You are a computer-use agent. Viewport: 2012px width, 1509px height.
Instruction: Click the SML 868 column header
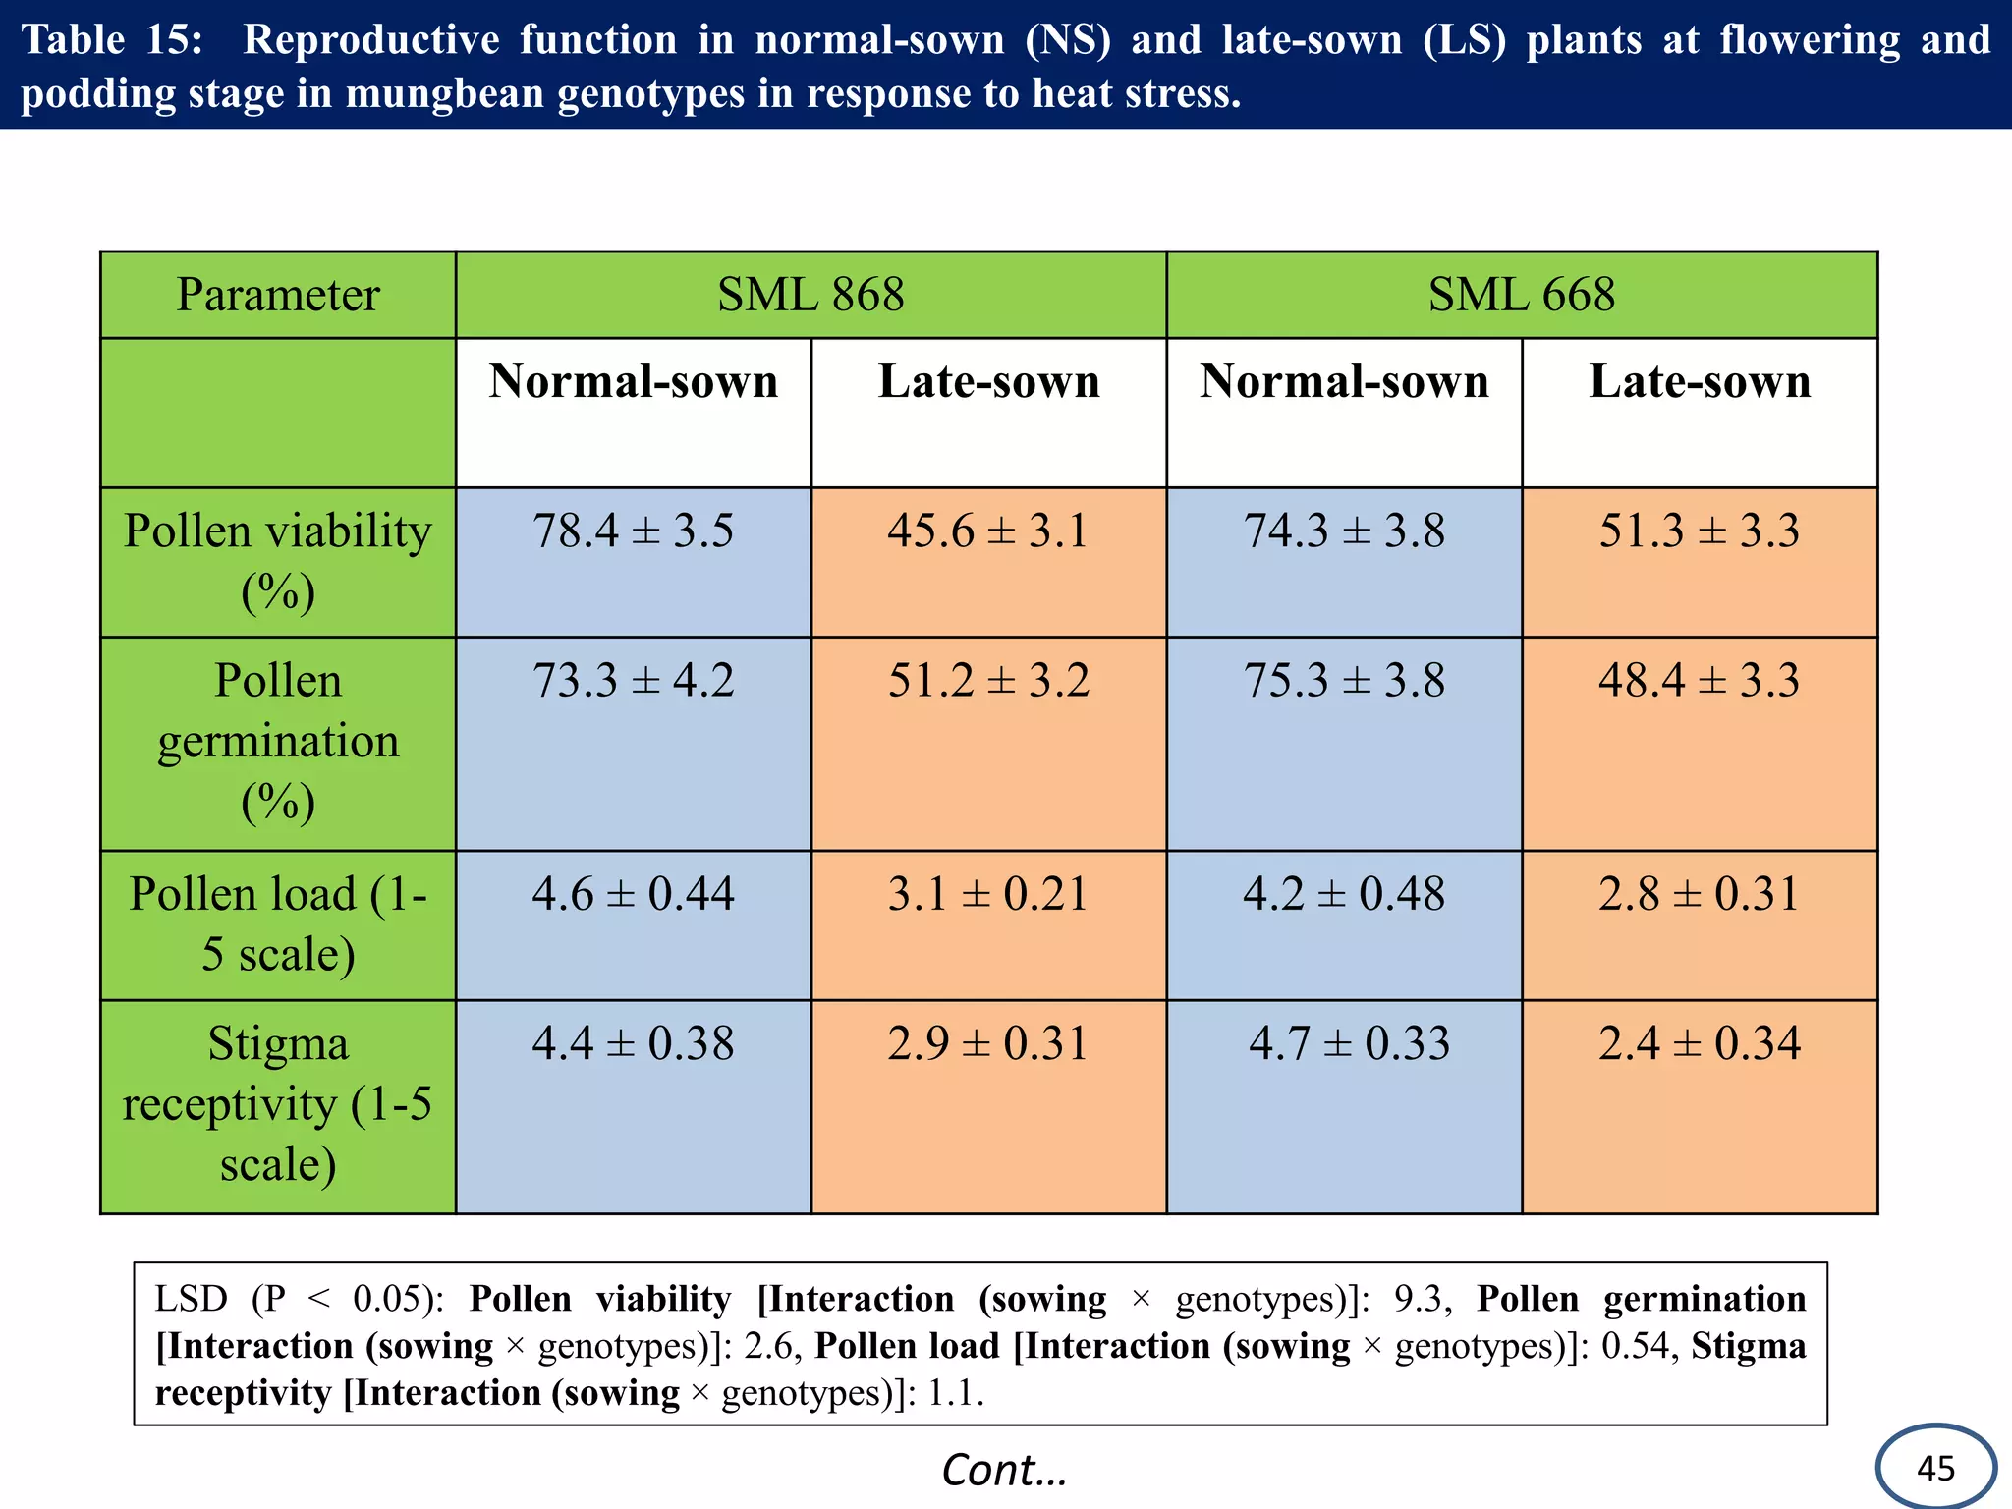(x=810, y=295)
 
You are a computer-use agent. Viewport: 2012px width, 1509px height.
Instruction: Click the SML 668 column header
(x=1521, y=295)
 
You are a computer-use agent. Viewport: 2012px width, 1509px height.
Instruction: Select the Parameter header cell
(x=278, y=295)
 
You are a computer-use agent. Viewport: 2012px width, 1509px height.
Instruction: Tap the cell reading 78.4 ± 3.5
(x=633, y=531)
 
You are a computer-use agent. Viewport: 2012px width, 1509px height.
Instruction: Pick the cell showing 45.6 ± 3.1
(x=988, y=531)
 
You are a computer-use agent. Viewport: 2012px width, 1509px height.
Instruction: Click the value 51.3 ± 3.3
(x=1700, y=531)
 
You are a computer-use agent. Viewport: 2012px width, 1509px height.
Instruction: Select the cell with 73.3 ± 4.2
(x=633, y=681)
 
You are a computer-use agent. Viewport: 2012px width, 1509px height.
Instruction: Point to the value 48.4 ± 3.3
(x=1700, y=681)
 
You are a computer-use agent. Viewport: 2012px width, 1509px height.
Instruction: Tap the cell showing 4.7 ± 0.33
(x=1349, y=1043)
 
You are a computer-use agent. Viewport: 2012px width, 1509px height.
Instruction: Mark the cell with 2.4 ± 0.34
(x=1700, y=1043)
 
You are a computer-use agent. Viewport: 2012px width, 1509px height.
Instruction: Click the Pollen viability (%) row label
(x=278, y=561)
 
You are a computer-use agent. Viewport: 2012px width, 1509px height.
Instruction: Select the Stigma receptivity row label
(x=278, y=1104)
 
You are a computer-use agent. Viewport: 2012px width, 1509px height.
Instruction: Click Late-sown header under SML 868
(x=988, y=382)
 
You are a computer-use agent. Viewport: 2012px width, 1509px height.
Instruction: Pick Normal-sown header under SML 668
(x=1344, y=382)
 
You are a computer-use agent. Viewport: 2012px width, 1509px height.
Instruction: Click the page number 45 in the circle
(x=1935, y=1469)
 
